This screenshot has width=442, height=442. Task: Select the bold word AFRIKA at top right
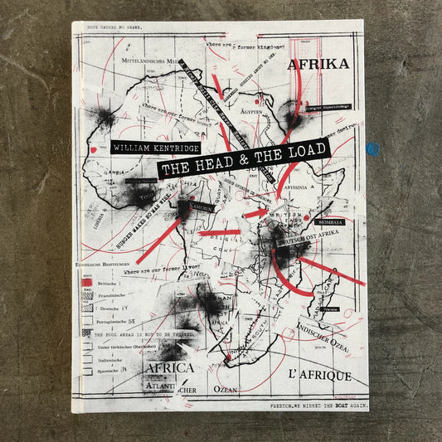(x=317, y=62)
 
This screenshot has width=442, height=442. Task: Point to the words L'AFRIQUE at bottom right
(x=318, y=376)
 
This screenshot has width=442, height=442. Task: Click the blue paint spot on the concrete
(x=372, y=150)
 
